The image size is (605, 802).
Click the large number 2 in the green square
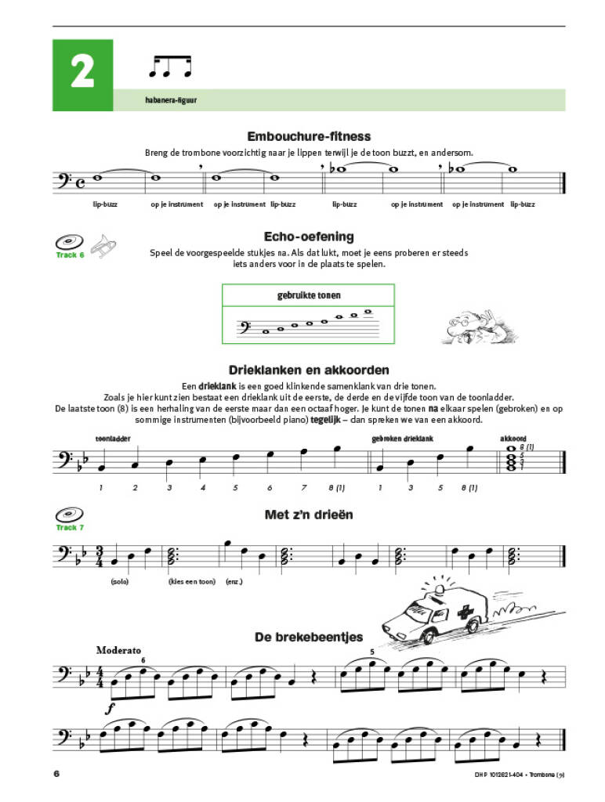coord(82,73)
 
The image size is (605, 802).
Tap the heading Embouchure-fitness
coord(308,136)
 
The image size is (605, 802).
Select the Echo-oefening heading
coord(310,236)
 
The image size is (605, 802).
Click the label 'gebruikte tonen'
coord(308,296)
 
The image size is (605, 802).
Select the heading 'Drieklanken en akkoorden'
coord(308,370)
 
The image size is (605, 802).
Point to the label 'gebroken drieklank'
coord(403,439)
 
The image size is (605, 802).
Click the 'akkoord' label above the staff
coord(515,439)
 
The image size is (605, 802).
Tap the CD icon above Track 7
coord(71,515)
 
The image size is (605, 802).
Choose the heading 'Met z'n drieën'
coord(309,515)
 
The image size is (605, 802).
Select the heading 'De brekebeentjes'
coord(308,637)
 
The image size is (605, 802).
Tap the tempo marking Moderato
coord(118,650)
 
